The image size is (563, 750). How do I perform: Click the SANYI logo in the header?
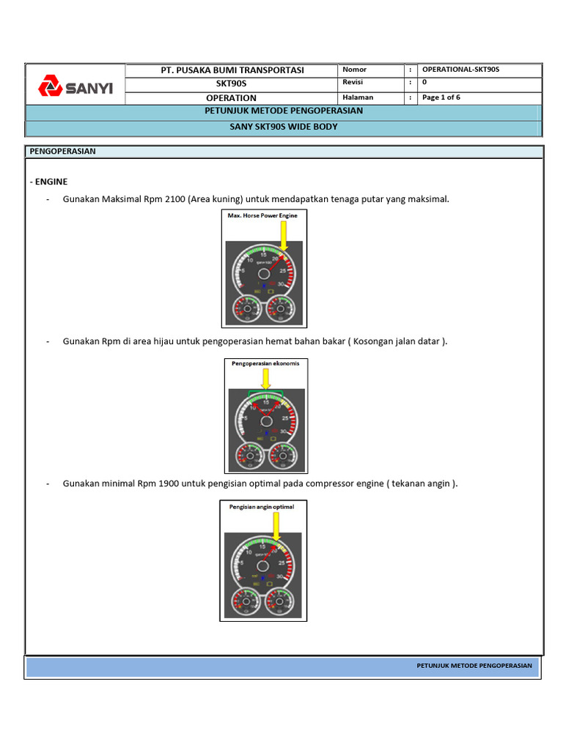click(x=76, y=87)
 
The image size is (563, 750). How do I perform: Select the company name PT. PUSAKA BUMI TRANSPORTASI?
click(x=232, y=70)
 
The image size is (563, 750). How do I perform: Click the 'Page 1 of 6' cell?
click(x=441, y=97)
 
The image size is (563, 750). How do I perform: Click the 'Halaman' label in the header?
click(x=358, y=97)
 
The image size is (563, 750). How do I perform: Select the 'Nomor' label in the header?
click(x=354, y=70)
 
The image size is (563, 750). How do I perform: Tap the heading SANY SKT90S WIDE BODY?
click(x=283, y=127)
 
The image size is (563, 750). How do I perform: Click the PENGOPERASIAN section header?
click(x=63, y=152)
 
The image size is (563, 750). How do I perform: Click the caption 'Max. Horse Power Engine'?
click(x=264, y=216)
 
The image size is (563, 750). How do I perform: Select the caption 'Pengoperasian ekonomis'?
click(x=265, y=363)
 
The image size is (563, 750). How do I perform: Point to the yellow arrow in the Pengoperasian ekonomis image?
click(x=265, y=379)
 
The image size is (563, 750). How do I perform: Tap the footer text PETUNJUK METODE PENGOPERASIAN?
click(x=474, y=666)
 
